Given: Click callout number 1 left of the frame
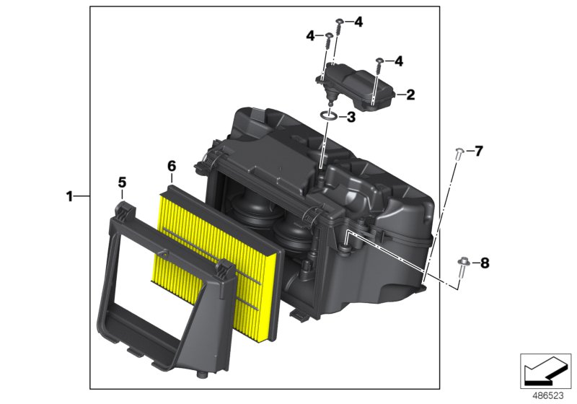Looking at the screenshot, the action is tap(69, 196).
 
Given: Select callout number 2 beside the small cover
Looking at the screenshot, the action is tap(410, 95).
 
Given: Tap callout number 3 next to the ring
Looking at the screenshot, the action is tap(351, 118).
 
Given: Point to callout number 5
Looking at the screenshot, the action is tap(122, 183).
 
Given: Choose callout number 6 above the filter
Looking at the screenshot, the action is tap(172, 167).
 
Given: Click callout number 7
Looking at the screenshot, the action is tap(478, 151).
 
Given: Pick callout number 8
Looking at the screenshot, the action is tap(485, 263).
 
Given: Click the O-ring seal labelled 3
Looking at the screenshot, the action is tap(329, 116).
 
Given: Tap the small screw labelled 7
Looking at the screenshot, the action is tap(459, 154).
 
